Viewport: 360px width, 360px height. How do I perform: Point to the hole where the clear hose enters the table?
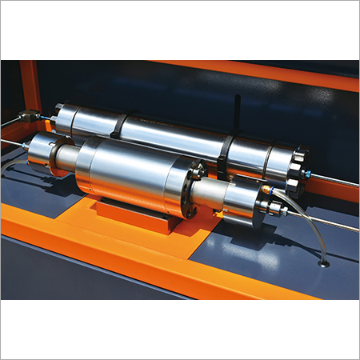323,262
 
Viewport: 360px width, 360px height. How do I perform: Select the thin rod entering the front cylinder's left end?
12,143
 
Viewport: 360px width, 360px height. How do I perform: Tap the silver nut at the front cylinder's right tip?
277,210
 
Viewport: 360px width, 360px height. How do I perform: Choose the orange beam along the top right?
264,75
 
